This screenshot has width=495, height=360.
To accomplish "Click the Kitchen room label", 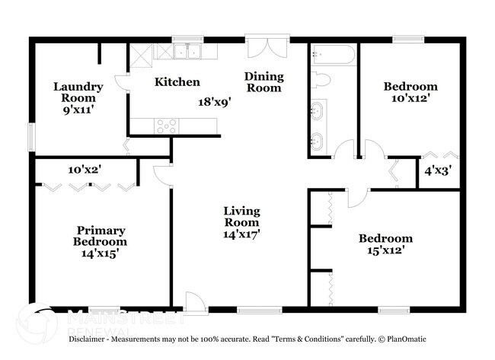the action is click(177, 82).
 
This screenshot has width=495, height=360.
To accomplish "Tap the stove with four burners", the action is click(166, 126).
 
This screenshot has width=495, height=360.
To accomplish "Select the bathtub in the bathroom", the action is click(334, 56).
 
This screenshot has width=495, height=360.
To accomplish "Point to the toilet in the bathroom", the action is click(320, 79).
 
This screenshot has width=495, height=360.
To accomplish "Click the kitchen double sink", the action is click(187, 52).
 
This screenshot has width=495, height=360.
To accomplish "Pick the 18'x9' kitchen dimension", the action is click(215, 102).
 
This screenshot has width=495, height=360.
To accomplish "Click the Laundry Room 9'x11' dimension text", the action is click(79, 110).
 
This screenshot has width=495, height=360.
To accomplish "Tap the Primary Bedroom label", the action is click(101, 236).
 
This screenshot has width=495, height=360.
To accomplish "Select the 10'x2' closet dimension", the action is click(85, 170).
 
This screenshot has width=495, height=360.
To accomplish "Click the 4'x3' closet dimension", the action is click(438, 171).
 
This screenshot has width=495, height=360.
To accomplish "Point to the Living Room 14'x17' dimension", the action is click(241, 234).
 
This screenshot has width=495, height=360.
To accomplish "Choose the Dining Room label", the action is click(264, 82).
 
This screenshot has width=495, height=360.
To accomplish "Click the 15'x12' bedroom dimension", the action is click(386, 250).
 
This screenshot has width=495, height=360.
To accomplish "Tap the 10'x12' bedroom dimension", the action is click(411, 98).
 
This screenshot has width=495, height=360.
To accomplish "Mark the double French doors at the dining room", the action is click(267, 46).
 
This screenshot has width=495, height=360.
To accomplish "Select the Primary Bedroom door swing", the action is click(162, 175).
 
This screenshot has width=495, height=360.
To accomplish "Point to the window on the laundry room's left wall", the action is click(31, 137).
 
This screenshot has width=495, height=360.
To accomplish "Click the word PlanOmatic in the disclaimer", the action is click(407, 339).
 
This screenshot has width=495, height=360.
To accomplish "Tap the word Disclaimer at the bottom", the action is click(87, 339).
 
